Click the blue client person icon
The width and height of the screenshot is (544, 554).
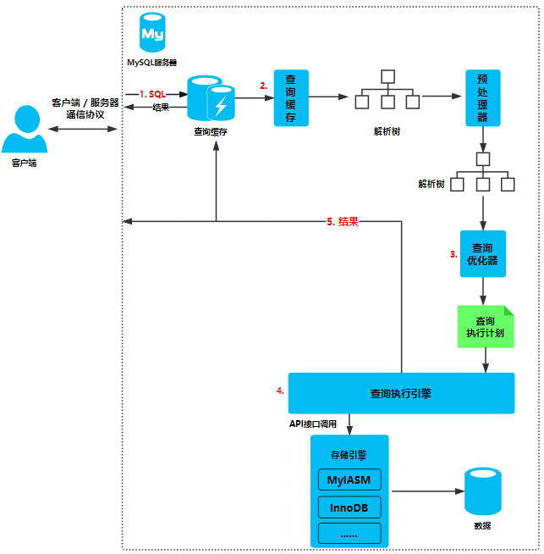click(25, 129)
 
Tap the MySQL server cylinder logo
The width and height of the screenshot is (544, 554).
click(152, 32)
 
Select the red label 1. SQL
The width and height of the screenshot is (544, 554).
click(152, 94)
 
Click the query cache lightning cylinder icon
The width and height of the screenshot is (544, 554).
click(211, 98)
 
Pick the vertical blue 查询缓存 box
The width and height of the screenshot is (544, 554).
click(291, 98)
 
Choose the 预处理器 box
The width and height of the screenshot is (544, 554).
click(482, 98)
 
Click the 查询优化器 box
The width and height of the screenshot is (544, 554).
click(482, 253)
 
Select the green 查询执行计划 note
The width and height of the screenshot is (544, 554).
click(486, 326)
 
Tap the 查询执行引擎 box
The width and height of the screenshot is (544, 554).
click(401, 393)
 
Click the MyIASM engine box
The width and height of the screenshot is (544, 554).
click(349, 479)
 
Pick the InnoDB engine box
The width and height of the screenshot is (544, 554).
click(349, 507)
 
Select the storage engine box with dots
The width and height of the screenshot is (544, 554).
click(349, 534)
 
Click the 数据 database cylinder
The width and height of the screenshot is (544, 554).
click(482, 491)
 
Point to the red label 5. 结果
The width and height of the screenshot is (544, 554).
click(342, 222)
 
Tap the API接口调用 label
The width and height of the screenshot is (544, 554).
click(312, 424)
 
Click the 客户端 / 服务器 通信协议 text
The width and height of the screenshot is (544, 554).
click(85, 108)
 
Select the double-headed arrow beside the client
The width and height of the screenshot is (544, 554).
click(83, 129)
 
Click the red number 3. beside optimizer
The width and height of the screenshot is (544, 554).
click(453, 254)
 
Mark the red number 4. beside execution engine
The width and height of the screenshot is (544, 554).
click(280, 391)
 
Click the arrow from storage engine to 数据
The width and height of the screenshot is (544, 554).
click(427, 491)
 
